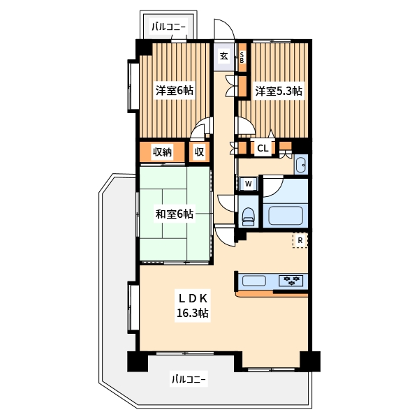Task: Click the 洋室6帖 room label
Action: click(x=174, y=90)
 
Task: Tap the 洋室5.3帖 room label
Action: click(x=278, y=91)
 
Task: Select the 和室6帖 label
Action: click(x=174, y=214)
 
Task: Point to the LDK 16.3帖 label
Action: click(x=191, y=305)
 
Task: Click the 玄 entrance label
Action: click(x=224, y=57)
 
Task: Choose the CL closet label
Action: click(x=263, y=147)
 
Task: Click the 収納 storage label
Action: click(x=162, y=152)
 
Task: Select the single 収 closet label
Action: click(x=199, y=152)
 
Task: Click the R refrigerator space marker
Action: click(x=300, y=240)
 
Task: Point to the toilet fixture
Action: click(x=248, y=214)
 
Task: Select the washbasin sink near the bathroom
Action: click(x=300, y=166)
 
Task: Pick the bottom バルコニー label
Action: click(x=189, y=380)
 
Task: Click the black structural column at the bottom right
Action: click(x=309, y=361)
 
